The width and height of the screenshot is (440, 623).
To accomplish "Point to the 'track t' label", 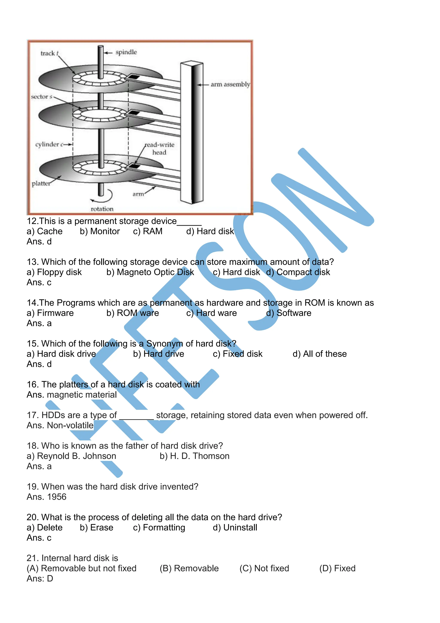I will pos(49,53).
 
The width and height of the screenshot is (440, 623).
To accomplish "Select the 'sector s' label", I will pos(41,97).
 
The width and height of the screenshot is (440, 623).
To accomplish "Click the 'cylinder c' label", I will pos(49,144).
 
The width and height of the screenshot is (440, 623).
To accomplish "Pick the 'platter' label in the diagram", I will pos(41,184).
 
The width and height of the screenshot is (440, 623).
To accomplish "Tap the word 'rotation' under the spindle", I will pos(102,209).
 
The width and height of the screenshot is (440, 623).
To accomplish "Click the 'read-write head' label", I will pos(159,148).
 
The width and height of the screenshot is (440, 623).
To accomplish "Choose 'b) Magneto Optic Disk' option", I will pos(150,272).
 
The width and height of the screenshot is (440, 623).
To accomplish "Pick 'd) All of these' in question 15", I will pos(319,354).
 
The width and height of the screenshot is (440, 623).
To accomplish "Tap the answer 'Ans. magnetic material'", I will pos(72,395).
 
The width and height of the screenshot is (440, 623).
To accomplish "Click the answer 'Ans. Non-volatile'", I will pos(60,426).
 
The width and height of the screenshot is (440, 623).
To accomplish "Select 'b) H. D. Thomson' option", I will pos(194,456).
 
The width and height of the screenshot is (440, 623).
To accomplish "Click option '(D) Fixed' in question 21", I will pos(337,568).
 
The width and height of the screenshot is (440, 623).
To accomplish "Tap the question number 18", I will pos(32,446).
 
